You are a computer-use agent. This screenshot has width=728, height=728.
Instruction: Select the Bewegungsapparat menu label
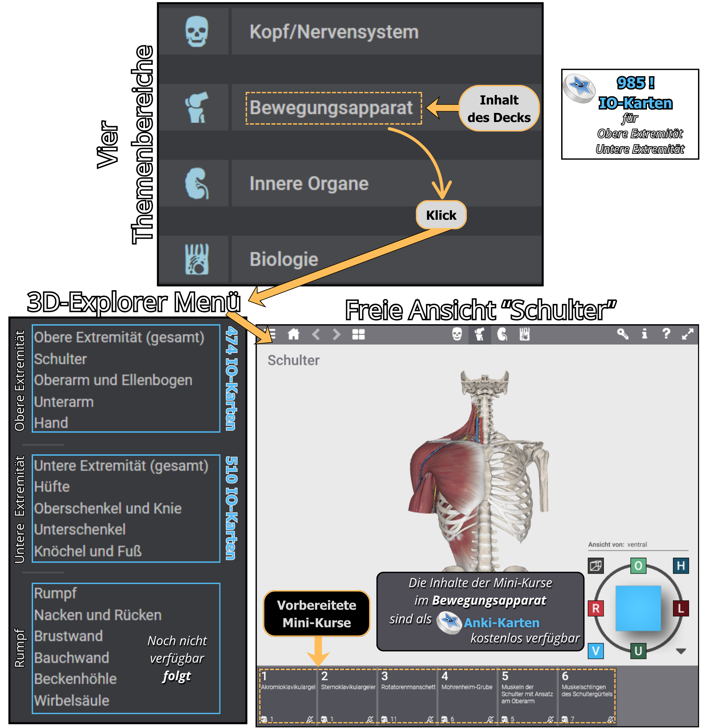click(x=331, y=108)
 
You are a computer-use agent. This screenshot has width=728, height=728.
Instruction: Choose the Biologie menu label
click(x=284, y=259)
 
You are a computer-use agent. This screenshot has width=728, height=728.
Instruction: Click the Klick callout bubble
click(x=441, y=215)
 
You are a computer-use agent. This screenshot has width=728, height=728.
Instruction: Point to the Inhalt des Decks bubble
click(x=499, y=109)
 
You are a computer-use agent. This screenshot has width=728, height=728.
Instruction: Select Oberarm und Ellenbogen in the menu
click(x=113, y=380)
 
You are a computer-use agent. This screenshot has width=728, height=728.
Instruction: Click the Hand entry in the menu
click(x=51, y=423)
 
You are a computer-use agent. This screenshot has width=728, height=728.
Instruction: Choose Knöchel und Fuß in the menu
click(x=88, y=551)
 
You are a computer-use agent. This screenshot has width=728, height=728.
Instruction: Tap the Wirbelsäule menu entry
click(x=71, y=700)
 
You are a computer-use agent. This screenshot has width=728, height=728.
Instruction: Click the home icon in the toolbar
click(x=293, y=334)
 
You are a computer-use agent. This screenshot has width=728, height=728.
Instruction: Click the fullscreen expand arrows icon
click(x=687, y=334)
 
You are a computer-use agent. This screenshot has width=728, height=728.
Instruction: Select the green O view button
click(x=638, y=566)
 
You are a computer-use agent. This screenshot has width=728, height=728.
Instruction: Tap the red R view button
click(x=596, y=608)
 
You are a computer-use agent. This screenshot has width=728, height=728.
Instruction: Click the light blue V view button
click(x=596, y=651)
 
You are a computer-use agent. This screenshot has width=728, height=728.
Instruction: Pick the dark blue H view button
click(x=680, y=566)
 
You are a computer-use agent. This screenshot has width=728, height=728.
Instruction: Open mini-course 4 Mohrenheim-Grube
click(x=467, y=696)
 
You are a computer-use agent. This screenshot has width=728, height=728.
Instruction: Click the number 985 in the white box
click(x=631, y=83)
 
